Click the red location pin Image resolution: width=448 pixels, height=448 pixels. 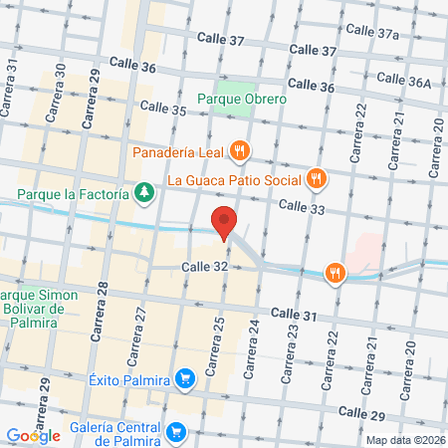pos(224,224)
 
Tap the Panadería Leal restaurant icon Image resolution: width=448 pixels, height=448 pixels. pos(238,151)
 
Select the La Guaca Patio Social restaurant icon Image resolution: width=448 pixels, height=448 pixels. pos(316,179)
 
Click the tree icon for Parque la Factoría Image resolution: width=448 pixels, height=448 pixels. pos(145,191)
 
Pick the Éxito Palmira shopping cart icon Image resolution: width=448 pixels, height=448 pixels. pos(184,378)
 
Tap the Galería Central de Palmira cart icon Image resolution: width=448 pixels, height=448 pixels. pos(176,431)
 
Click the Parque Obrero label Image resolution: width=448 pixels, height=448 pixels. pos(242,99)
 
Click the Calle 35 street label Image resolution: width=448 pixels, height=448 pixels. pos(163,108)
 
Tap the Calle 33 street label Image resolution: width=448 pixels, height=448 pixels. pos(303,206)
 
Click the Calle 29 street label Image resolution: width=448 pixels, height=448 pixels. pos(361,411)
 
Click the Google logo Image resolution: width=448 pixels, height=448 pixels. pos(33,435)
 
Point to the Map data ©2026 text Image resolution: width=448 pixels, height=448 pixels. pos(405,439)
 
